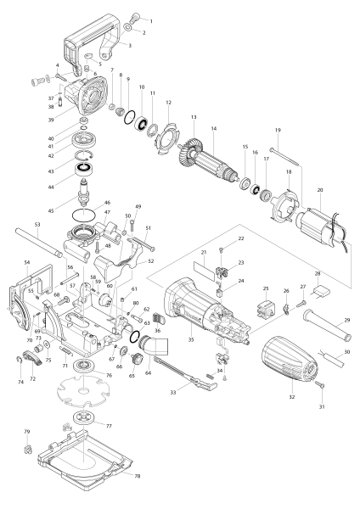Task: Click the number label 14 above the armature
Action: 214,128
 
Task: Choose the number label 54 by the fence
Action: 27,263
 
